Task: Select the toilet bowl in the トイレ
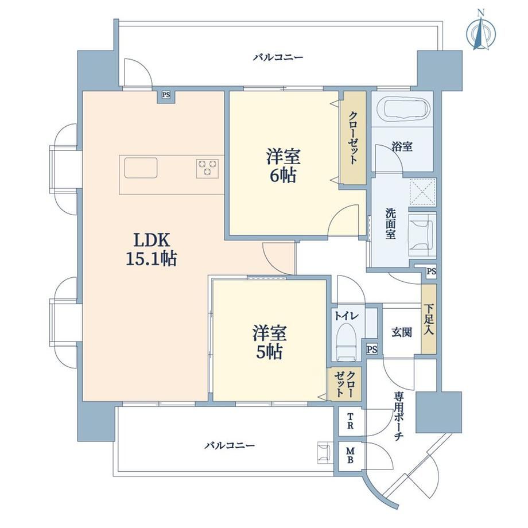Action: pos(346,341)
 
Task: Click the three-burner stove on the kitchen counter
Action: pos(207,168)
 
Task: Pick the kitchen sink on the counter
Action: pos(141,168)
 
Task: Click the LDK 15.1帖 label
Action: pos(152,249)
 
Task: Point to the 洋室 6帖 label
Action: pos(283,166)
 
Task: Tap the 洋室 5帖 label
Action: pos(269,342)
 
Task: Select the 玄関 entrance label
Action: pos(401,332)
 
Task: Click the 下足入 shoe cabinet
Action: pos(429,319)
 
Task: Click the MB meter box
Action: pos(350,455)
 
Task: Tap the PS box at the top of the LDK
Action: pos(166,95)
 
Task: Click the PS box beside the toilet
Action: pos(372,350)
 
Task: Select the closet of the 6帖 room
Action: pos(352,138)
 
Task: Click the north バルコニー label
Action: pos(278,57)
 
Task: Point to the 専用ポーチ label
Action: pos(399,416)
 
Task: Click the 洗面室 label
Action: pos(391,224)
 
